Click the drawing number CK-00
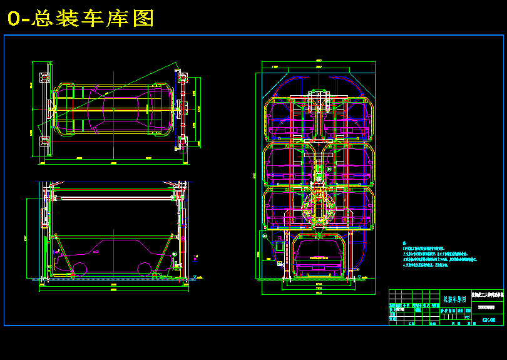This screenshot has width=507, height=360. click(489, 320)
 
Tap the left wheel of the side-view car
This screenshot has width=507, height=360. click(79, 269)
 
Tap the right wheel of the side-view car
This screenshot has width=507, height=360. click(144, 269)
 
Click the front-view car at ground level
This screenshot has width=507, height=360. click(318, 257)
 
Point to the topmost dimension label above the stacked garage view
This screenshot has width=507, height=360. click(318, 60)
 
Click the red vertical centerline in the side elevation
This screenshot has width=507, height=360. click(182, 232)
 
